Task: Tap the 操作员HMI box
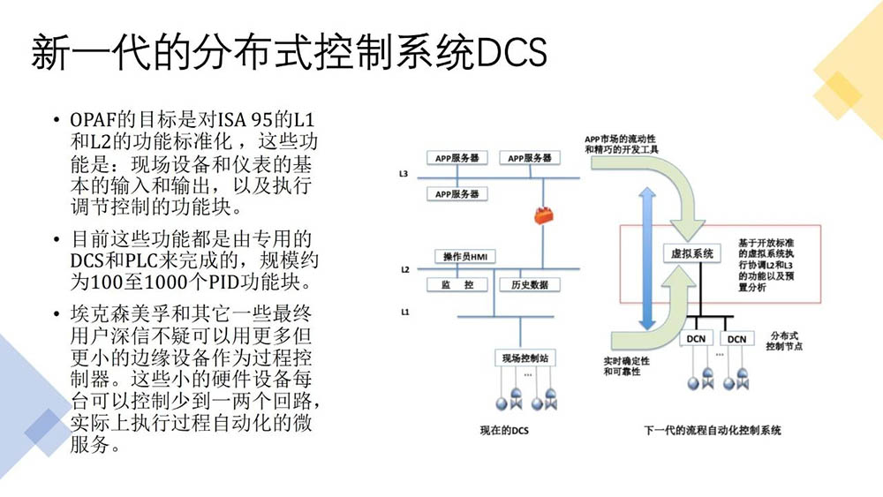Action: [464, 256]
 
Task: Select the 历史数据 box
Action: [529, 284]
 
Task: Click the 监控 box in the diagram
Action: [457, 284]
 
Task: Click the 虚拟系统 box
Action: [691, 252]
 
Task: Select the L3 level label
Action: [404, 174]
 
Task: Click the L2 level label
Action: [404, 269]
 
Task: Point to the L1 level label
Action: [404, 311]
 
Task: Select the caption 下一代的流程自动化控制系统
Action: [713, 432]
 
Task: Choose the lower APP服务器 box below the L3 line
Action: [457, 193]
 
